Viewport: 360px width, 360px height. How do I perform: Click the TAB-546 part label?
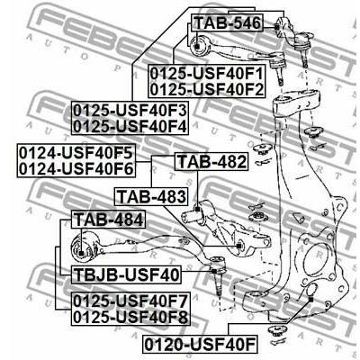(228, 22)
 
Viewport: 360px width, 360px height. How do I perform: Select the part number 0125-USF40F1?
(207, 74)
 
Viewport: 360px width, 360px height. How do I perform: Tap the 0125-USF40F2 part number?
(207, 89)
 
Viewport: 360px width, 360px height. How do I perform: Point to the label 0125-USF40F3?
(130, 111)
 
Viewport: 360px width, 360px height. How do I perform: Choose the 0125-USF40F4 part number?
(130, 126)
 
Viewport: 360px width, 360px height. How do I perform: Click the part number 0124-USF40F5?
(76, 153)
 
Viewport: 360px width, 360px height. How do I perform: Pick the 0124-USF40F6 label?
(76, 169)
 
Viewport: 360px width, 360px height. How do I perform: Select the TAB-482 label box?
(211, 162)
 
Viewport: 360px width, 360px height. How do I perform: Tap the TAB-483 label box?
(151, 196)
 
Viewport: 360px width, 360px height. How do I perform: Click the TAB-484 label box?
(108, 220)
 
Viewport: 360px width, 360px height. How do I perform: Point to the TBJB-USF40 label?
(126, 274)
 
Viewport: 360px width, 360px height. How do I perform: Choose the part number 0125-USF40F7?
(130, 301)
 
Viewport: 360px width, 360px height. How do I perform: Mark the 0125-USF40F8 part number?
(130, 317)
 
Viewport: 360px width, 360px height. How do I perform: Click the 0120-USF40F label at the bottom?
(200, 344)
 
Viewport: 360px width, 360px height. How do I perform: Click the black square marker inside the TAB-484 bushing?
(81, 254)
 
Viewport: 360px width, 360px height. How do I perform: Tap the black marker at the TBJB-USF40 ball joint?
(214, 271)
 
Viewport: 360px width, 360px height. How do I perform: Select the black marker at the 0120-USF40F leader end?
(311, 300)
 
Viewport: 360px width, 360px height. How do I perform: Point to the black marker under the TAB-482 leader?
(197, 209)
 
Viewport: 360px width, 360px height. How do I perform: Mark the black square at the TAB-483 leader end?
(238, 246)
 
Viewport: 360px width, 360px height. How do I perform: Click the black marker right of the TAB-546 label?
(276, 27)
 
